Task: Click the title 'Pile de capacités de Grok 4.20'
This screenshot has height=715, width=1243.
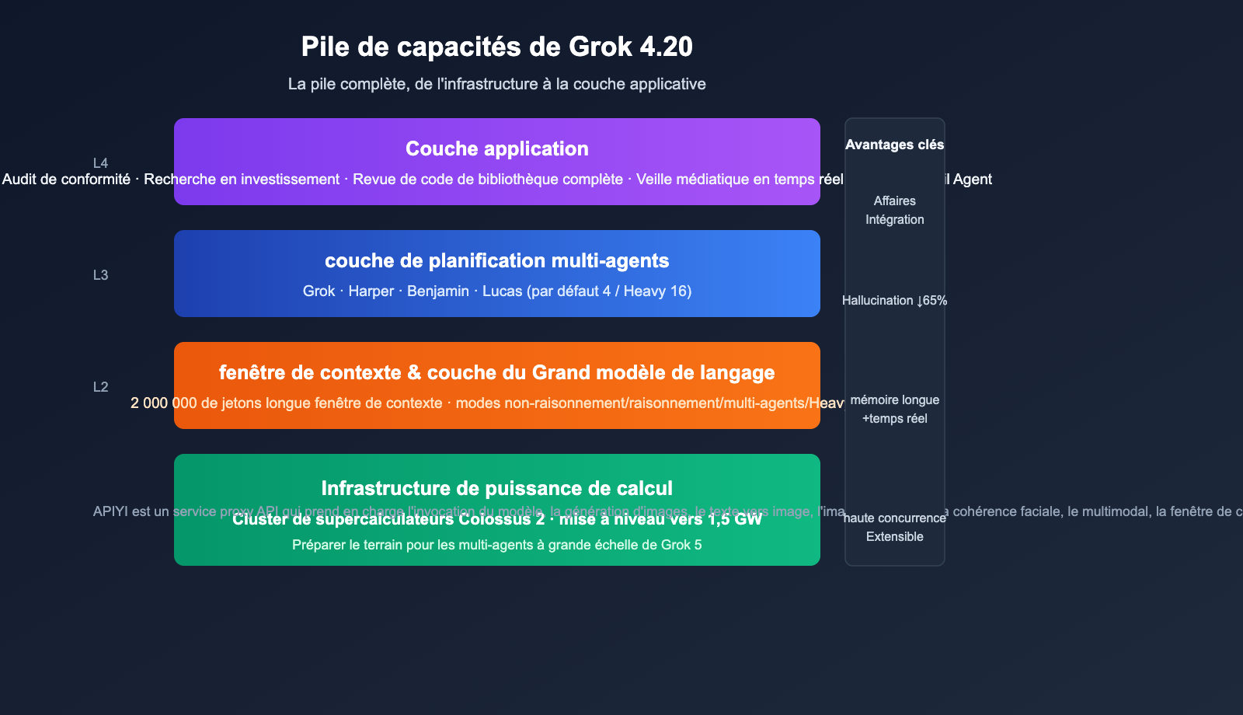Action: click(496, 47)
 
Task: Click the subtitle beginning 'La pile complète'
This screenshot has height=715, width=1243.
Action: click(496, 84)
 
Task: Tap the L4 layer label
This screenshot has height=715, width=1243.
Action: click(100, 163)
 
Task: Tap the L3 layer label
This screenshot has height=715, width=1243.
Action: click(100, 275)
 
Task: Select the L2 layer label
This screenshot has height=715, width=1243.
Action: click(100, 387)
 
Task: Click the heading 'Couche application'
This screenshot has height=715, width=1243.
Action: click(496, 148)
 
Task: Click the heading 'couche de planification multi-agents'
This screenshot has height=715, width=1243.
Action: click(496, 260)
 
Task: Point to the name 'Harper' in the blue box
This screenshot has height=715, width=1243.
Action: click(371, 291)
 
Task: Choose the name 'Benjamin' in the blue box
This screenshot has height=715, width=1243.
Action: click(437, 291)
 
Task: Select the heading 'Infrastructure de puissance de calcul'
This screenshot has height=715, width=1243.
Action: click(496, 488)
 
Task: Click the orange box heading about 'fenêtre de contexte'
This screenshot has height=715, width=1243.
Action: click(496, 372)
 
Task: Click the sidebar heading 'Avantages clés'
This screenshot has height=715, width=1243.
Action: click(894, 145)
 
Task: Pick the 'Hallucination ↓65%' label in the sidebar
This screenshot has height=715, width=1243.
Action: click(894, 301)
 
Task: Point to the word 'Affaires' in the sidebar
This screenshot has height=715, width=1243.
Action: click(894, 201)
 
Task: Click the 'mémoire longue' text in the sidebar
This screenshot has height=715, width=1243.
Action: click(894, 400)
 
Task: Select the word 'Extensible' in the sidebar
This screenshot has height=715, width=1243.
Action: click(894, 537)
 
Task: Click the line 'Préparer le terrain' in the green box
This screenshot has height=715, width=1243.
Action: click(496, 545)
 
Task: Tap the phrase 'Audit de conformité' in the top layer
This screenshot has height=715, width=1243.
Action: click(66, 180)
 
